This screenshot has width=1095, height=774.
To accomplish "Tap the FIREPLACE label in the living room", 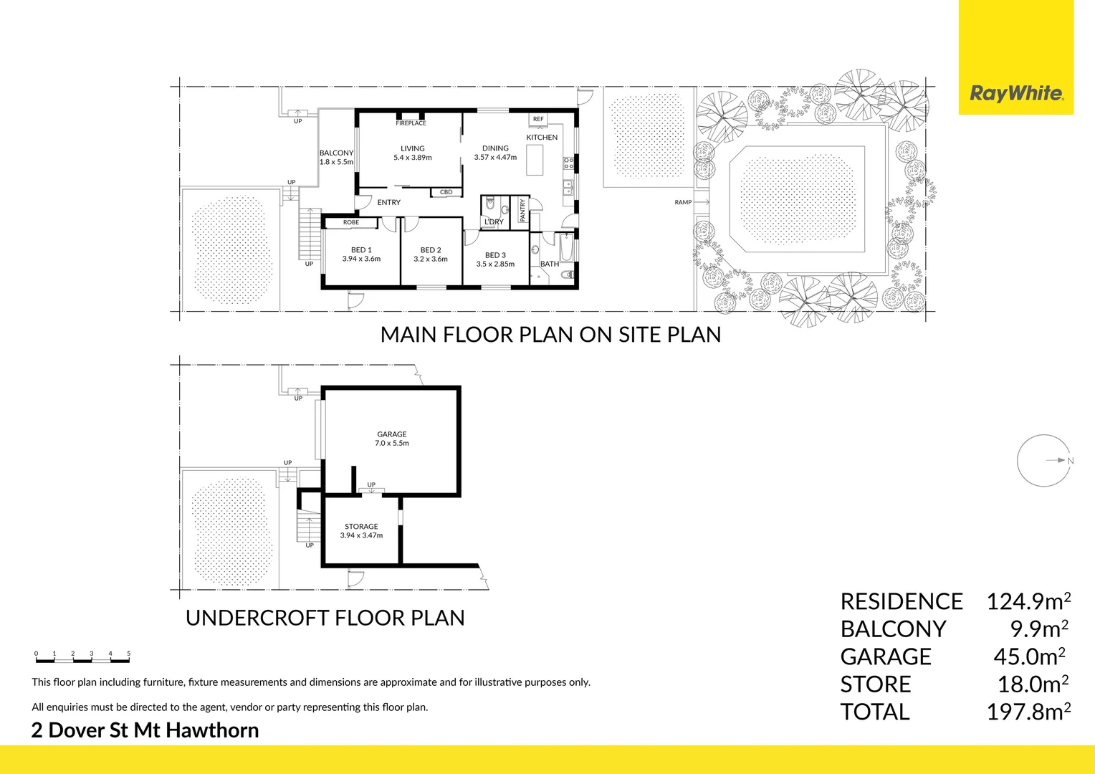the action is [x=411, y=123].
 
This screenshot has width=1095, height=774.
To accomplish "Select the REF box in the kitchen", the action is [x=538, y=119].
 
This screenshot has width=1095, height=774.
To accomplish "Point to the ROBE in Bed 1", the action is [x=351, y=222].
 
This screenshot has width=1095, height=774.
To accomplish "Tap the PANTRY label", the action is [x=522, y=210].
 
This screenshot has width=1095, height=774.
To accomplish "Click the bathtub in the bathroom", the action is [x=567, y=247].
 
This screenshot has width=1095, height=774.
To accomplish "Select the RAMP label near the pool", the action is [x=683, y=202].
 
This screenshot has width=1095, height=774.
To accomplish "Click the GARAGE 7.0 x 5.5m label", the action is [x=391, y=439].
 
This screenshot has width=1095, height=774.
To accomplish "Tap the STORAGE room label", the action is [x=361, y=527].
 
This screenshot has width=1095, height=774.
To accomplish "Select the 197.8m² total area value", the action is [x=1028, y=712].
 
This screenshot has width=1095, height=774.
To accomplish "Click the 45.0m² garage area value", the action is [x=1029, y=656].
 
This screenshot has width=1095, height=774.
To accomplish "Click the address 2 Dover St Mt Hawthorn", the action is [x=145, y=730].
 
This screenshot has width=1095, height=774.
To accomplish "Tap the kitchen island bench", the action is [x=535, y=160].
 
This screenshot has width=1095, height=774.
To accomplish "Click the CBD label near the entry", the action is [x=446, y=192].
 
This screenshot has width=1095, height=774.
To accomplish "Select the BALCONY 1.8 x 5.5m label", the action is [x=336, y=158].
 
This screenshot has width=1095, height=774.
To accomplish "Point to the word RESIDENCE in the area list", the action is [x=902, y=601].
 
